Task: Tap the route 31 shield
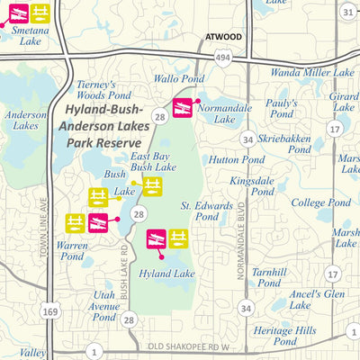(348, 11)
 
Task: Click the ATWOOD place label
(223, 37)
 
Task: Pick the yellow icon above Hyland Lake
(178, 238)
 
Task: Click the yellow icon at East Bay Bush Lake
(153, 185)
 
